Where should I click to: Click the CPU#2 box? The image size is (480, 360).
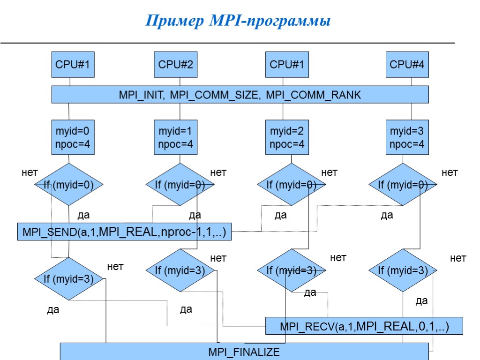tap(175, 65)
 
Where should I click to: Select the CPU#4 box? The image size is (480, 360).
tap(407, 65)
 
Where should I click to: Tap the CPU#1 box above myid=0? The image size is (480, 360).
tap(73, 65)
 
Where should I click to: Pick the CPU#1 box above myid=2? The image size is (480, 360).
tap(287, 65)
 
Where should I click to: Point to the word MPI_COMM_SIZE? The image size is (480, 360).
tap(214, 95)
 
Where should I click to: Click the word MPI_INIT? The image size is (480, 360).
tap(140, 95)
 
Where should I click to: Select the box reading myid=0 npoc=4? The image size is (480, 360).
tap(73, 137)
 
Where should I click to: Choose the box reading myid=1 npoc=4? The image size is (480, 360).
tap(175, 137)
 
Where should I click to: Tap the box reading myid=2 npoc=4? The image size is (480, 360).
tap(287, 137)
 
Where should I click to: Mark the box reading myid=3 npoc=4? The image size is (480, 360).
tap(407, 137)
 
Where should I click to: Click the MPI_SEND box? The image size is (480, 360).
tap(125, 232)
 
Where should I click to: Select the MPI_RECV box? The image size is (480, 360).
tap(364, 326)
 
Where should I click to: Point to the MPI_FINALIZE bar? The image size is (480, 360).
tap(244, 352)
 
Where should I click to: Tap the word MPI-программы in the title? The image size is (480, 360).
tap(269, 21)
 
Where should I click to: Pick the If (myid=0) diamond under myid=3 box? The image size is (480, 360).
tap(403, 185)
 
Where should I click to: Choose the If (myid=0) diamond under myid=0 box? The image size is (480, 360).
tap(69, 185)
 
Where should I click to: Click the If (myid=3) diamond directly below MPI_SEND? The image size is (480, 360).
tap(69, 279)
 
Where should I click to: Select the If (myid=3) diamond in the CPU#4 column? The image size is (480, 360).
tap(403, 270)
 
